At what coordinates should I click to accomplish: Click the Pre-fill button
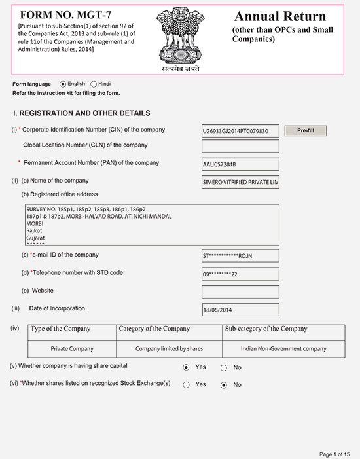pyautogui.click(x=306, y=131)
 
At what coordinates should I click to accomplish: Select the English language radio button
pyautogui.click(x=63, y=84)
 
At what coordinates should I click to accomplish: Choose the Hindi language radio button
pyautogui.click(x=94, y=84)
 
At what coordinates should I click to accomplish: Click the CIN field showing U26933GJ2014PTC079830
pyautogui.click(x=240, y=131)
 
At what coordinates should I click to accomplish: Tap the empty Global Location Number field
pyautogui.click(x=240, y=146)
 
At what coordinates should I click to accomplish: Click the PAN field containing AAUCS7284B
pyautogui.click(x=240, y=164)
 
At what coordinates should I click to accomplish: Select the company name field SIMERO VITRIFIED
pyautogui.click(x=240, y=183)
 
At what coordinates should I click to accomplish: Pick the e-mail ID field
pyautogui.click(x=240, y=256)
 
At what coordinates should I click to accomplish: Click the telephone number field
pyautogui.click(x=240, y=274)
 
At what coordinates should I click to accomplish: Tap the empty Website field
pyautogui.click(x=240, y=292)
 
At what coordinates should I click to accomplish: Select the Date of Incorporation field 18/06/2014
pyautogui.click(x=240, y=310)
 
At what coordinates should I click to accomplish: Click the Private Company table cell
pyautogui.click(x=72, y=349)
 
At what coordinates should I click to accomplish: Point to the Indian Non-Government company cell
pyautogui.click(x=283, y=349)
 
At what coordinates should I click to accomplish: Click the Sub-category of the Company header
pyautogui.click(x=266, y=329)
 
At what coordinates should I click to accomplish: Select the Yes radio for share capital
pyautogui.click(x=187, y=367)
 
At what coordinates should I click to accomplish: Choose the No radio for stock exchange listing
pyautogui.click(x=224, y=385)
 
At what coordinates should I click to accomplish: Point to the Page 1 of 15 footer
pyautogui.click(x=334, y=454)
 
